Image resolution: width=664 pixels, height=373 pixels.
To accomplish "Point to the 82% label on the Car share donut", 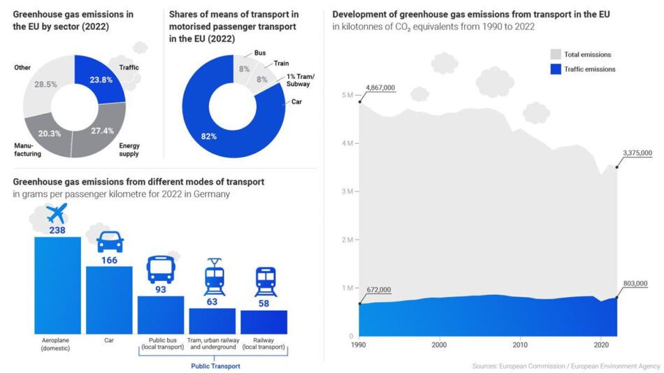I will [208, 136].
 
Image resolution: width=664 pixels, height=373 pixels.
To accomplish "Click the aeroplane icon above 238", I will [57, 214].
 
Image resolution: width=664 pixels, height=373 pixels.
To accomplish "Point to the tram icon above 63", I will [212, 276].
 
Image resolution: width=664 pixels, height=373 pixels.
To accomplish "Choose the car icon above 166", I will [109, 242].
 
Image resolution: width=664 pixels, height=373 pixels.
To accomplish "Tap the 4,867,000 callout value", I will [380, 87].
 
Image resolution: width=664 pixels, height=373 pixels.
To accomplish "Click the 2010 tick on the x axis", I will [520, 345].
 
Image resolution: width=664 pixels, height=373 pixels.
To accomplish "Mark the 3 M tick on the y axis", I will [346, 191].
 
